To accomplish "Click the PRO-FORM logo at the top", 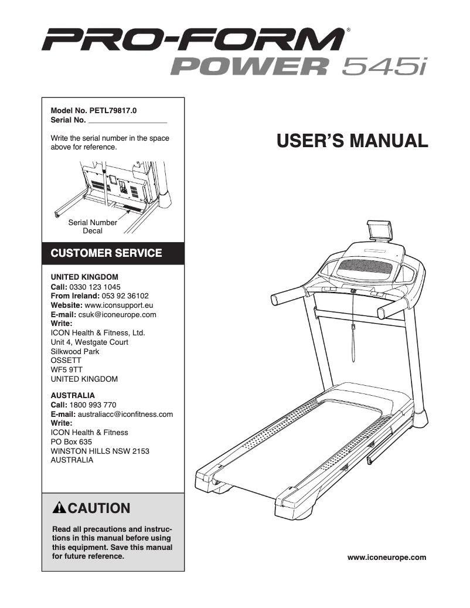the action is (193, 41).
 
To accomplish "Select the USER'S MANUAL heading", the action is (352, 141).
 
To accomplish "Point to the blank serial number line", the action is (127, 121).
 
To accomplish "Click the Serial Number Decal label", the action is (93, 227).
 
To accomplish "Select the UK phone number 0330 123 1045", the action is (95, 287).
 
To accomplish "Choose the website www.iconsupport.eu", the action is (119, 305).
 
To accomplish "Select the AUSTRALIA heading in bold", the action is (73, 396).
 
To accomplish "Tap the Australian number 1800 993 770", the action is (93, 405).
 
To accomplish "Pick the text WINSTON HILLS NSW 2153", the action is (100, 451).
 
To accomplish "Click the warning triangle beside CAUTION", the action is (59, 508).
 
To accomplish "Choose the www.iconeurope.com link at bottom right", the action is (387, 557).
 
